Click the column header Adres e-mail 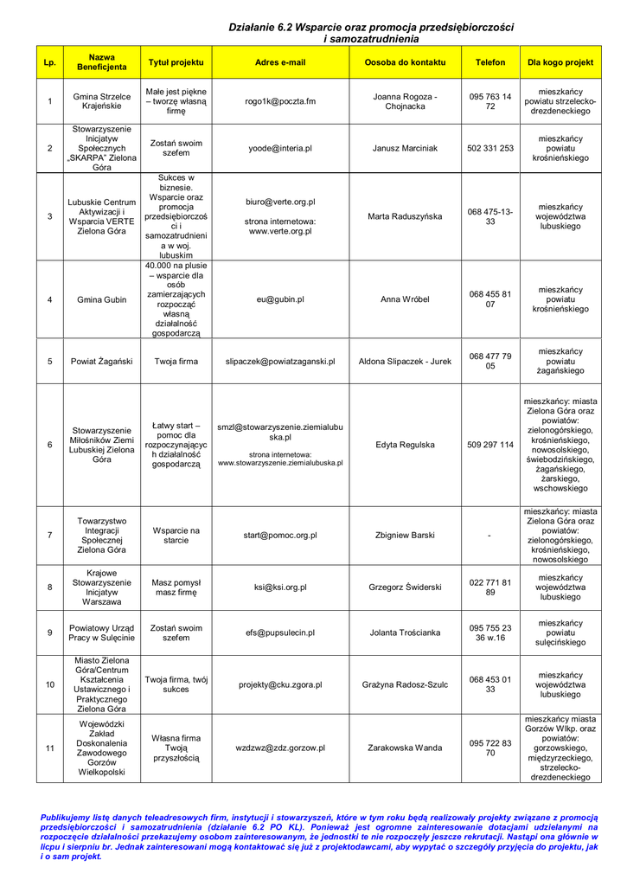(x=280, y=62)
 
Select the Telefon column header (x=490, y=62)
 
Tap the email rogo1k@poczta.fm (x=280, y=101)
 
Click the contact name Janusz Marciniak (x=405, y=148)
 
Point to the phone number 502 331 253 (x=490, y=148)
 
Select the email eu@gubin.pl (x=280, y=299)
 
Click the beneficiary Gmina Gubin (x=101, y=299)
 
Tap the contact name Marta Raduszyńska (x=405, y=216)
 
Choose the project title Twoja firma (x=176, y=362)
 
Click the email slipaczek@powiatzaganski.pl (x=280, y=362)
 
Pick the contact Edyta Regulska (x=405, y=445)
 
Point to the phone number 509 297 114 (x=490, y=445)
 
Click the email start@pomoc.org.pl (x=280, y=536)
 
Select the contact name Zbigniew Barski (x=405, y=536)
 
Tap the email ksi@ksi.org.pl (x=280, y=587)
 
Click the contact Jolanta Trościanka (x=405, y=632)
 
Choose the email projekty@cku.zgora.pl (x=280, y=684)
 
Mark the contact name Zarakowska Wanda (x=405, y=748)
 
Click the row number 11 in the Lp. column (x=49, y=748)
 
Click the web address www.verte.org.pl (x=280, y=232)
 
